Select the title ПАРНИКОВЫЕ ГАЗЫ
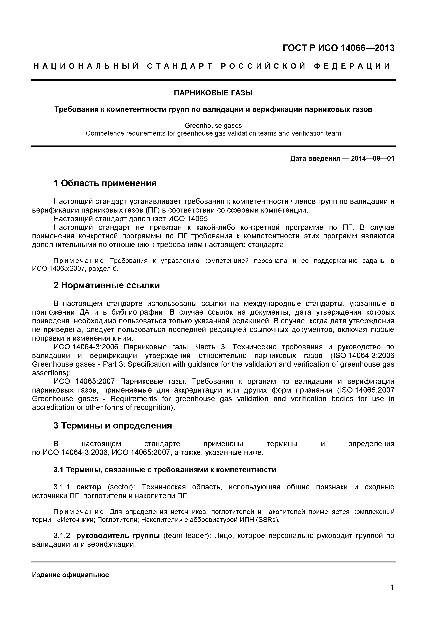213,93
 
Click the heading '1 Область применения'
105,183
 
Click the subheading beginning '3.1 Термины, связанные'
165,470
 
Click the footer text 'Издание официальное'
71,575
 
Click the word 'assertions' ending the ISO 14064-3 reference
50,373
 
